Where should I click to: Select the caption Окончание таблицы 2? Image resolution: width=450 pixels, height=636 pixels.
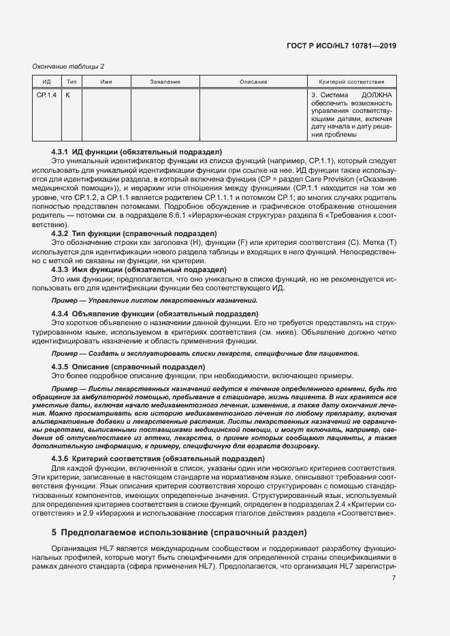point(69,66)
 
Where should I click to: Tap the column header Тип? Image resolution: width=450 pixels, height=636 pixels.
point(71,82)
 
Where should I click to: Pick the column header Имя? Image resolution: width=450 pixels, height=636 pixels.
point(106,82)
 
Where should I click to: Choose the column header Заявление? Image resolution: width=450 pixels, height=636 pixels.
point(165,82)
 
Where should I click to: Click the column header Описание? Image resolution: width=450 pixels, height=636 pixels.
point(253,82)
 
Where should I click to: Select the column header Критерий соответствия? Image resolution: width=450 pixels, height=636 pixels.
point(351,82)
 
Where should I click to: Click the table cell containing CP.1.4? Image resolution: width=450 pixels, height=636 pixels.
point(47,95)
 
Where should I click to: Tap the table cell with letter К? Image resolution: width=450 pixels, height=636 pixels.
point(68,95)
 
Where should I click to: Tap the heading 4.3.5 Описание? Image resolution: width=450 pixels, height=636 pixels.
point(128,367)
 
